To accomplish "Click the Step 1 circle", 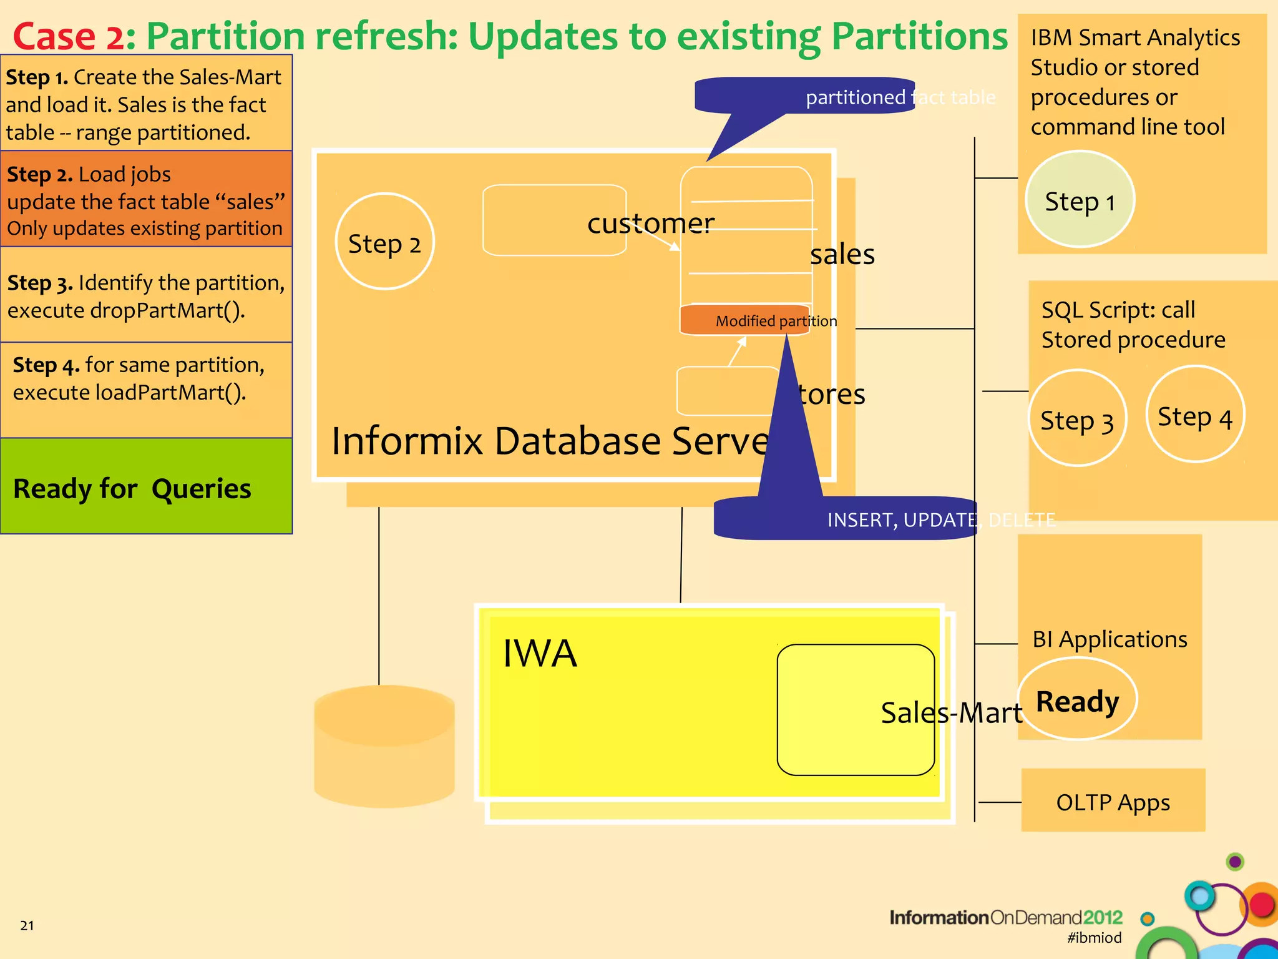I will pos(1080,200).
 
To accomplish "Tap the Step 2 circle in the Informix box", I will pos(384,242).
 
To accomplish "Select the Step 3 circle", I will pos(1077,418).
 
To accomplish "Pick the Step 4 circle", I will pos(1195,415).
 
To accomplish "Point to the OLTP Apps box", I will pos(1113,801).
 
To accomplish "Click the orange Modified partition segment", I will pos(744,320).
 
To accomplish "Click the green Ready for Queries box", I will pos(146,487).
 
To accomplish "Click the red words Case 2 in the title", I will pos(69,36).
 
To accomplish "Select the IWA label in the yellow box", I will pos(540,654).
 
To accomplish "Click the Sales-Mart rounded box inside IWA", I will pos(855,710).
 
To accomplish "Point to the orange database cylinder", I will pos(384,746).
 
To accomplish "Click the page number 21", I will pos(27,925).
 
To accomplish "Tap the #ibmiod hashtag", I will pos(1094,937).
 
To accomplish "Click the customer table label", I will pos(650,224).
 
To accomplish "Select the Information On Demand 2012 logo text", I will pos(1005,917).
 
